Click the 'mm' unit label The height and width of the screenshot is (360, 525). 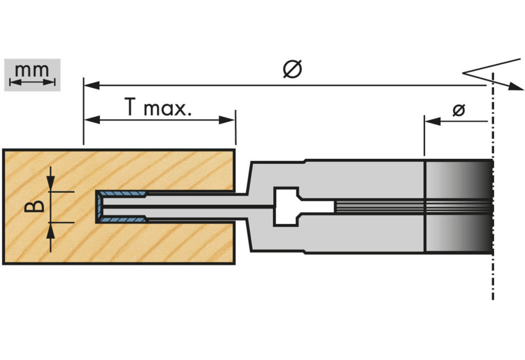click(x=32, y=70)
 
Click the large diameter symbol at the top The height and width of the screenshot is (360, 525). click(x=292, y=69)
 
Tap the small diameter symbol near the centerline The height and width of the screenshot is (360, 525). click(x=459, y=110)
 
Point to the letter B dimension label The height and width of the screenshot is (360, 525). click(x=35, y=205)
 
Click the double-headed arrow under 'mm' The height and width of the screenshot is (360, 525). click(x=32, y=81)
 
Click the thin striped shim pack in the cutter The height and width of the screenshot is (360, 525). click(x=379, y=207)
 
